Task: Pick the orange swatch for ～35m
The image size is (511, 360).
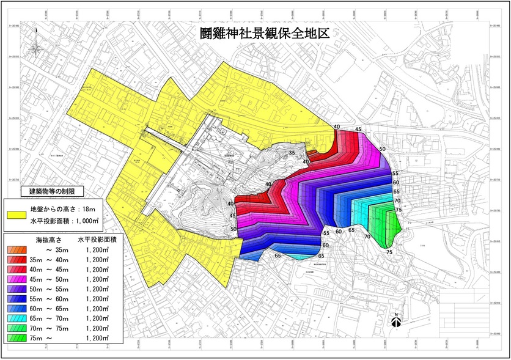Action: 17,249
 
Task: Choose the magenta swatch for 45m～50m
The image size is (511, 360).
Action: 17,279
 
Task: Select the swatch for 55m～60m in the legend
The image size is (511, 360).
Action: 17,298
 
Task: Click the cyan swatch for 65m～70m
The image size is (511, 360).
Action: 17,318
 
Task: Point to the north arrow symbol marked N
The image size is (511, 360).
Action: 396,321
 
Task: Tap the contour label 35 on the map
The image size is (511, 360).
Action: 292,152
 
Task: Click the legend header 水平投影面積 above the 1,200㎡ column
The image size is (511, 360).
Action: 97,240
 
